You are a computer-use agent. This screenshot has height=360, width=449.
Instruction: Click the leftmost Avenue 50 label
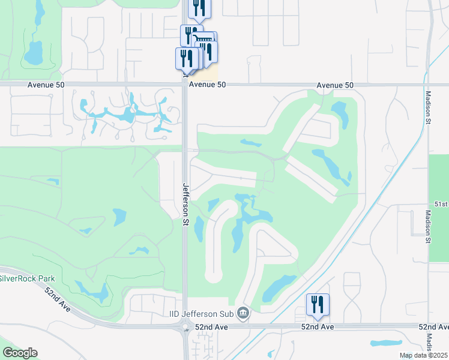click(x=46, y=85)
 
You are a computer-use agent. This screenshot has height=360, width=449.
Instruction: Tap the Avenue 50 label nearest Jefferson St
click(x=207, y=85)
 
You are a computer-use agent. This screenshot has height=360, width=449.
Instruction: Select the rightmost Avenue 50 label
click(x=335, y=85)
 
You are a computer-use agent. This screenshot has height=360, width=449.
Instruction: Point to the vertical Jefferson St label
click(x=186, y=200)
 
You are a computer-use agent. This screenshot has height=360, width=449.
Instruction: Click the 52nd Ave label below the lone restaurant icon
click(x=318, y=326)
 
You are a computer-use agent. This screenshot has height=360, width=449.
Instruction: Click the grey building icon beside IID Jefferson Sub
click(x=243, y=312)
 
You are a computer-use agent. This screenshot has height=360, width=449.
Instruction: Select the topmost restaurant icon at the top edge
click(x=199, y=7)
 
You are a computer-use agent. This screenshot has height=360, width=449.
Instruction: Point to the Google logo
click(x=19, y=353)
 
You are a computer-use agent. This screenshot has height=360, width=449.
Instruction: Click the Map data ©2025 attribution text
click(x=423, y=355)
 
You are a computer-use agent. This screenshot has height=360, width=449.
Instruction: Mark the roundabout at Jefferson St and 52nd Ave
click(x=185, y=328)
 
